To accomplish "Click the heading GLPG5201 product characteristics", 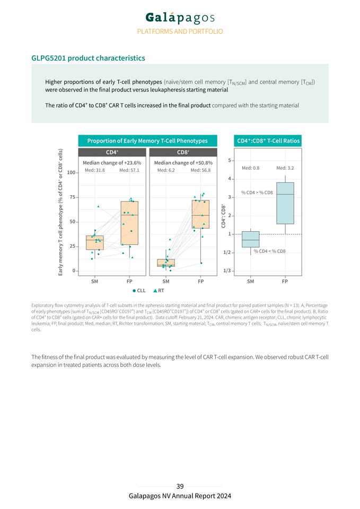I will (x=88, y=57).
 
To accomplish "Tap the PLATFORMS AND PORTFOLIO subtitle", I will (x=180, y=32).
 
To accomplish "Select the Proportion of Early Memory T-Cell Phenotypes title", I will (x=147, y=141).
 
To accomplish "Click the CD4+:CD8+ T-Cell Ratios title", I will (x=268, y=141).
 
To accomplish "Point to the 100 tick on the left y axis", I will (x=71, y=173).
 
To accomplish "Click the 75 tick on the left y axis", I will (x=72, y=197).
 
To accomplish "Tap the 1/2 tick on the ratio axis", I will (x=226, y=252).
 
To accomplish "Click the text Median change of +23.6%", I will (x=112, y=162).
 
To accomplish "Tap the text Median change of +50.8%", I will (x=183, y=162).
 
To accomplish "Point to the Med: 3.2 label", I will (x=285, y=168).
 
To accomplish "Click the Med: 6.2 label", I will (x=166, y=170).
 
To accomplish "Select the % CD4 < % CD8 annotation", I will (x=270, y=251).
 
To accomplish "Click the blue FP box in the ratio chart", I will (x=285, y=203).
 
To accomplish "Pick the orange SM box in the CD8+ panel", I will (x=166, y=262).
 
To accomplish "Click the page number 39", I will (x=180, y=486).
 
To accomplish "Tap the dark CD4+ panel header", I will (x=112, y=153).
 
